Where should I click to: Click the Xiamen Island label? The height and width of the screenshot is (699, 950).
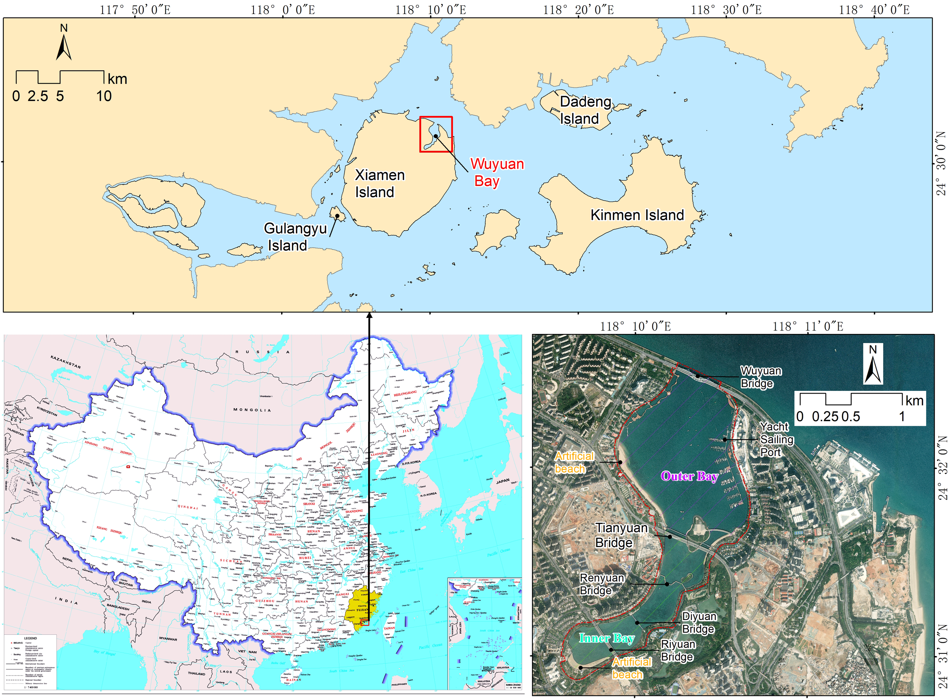[379, 183]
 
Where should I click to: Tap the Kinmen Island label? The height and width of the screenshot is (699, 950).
[637, 215]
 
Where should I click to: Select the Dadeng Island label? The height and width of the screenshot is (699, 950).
[584, 110]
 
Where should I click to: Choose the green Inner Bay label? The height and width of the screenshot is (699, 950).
[606, 638]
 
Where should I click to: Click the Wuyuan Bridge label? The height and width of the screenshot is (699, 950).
[760, 377]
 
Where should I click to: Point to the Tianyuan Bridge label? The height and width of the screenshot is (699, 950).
[621, 535]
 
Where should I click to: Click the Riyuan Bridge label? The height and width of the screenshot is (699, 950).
[678, 650]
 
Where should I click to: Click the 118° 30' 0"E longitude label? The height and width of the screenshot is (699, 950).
[726, 9]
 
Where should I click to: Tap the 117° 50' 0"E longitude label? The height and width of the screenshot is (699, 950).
[135, 9]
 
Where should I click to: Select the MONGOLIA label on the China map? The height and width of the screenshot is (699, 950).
[252, 410]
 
